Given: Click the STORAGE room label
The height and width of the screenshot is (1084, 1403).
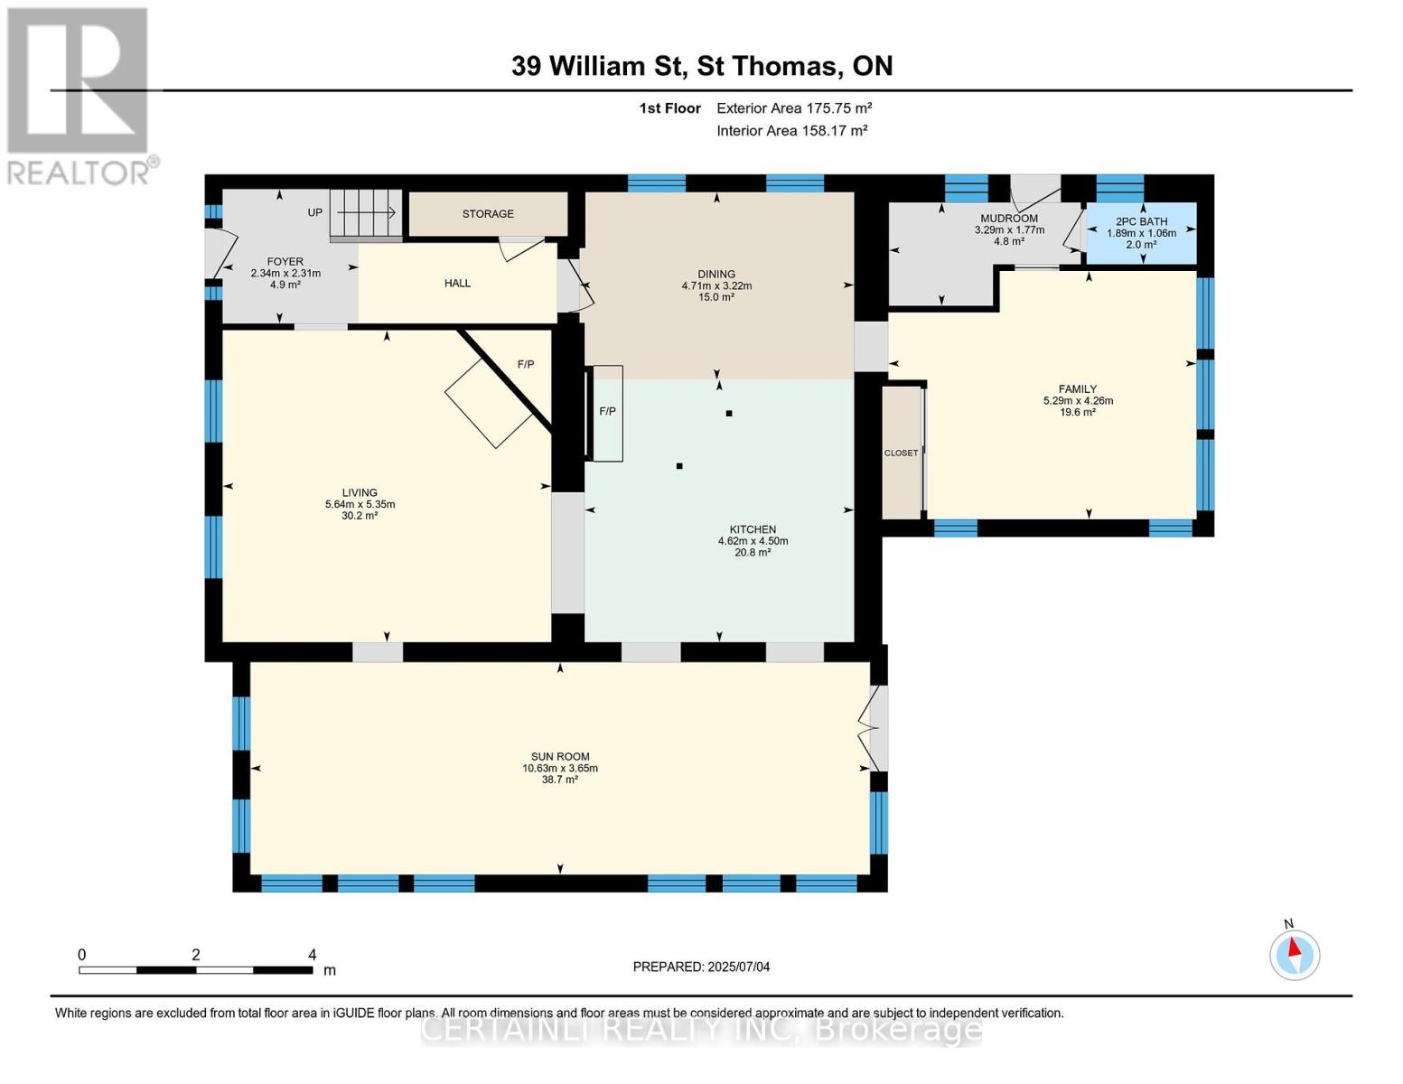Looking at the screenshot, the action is coord(488,214).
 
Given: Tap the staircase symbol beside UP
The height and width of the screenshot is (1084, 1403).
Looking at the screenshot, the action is coord(366,213).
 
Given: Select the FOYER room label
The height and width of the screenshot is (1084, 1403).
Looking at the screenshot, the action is coord(285,261).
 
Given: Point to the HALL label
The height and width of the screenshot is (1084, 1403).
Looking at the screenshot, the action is coord(457,283).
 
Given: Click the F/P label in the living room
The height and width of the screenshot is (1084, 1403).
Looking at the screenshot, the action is coord(526,364).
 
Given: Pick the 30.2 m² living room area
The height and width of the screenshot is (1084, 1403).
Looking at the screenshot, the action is coord(360,516).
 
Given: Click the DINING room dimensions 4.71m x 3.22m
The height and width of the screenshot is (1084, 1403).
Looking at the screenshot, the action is coord(716,285).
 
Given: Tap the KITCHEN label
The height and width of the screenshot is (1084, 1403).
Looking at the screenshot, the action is coord(753,529).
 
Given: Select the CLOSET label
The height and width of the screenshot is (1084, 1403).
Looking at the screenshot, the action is coord(901,453).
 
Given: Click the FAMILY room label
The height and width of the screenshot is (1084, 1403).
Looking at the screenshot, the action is coord(1078,388).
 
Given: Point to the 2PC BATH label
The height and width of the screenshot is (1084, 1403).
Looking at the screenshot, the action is coord(1142,221).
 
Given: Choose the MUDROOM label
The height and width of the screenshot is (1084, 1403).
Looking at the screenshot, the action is coord(1009,219).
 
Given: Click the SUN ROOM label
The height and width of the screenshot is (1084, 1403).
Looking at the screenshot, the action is coord(560,757).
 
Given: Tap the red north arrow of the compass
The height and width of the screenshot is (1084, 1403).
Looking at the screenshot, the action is coord(1294,947).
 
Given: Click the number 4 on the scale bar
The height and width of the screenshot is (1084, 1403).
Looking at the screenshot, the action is coord(313,954).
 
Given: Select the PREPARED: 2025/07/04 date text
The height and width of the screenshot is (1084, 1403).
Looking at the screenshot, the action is coord(701,967).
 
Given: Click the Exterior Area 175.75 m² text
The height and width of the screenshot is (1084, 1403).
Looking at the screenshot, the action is coord(794,107).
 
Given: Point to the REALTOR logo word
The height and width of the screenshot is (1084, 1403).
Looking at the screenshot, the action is coord(79,173).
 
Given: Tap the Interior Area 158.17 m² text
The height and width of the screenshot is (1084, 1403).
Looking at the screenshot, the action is coord(791,130).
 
